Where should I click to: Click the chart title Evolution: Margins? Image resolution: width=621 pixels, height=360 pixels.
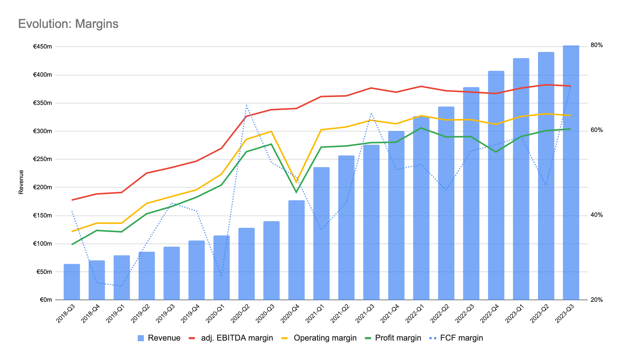click(x=68, y=24)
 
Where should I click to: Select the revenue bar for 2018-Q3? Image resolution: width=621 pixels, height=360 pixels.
click(x=72, y=282)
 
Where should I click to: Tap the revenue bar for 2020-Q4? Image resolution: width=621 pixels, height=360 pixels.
click(x=296, y=250)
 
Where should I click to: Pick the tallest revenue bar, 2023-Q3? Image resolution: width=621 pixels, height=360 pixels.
click(x=571, y=173)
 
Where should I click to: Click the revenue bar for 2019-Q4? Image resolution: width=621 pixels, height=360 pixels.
click(x=196, y=270)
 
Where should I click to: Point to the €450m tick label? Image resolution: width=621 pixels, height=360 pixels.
click(x=42, y=47)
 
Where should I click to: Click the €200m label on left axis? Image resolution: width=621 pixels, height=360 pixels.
click(x=42, y=187)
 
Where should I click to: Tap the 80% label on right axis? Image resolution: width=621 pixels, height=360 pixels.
click(x=596, y=45)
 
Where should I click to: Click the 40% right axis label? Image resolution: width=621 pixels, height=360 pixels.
click(x=596, y=215)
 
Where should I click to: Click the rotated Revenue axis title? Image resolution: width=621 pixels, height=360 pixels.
click(x=21, y=182)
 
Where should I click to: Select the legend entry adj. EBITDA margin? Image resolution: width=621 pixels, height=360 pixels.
click(x=237, y=338)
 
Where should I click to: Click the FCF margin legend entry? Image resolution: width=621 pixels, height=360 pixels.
click(x=461, y=338)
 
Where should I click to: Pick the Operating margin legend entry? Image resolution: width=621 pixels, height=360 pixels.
click(x=325, y=338)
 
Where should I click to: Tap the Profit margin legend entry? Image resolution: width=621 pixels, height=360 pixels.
click(x=398, y=338)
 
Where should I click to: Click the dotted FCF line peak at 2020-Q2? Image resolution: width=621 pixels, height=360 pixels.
click(x=247, y=105)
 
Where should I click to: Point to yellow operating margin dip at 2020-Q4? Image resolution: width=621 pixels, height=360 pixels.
click(x=296, y=182)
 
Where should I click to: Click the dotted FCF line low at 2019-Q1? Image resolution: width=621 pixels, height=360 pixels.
click(x=121, y=286)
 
